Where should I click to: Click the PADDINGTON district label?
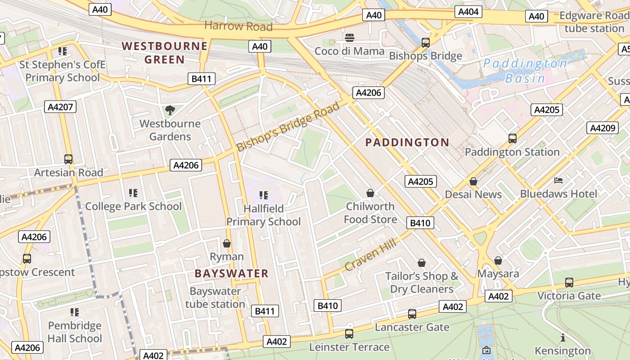[x=407, y=143]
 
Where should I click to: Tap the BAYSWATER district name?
[x=231, y=274]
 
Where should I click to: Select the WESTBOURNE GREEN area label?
[x=165, y=53]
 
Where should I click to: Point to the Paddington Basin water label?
[x=525, y=71]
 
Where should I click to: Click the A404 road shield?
[x=468, y=12]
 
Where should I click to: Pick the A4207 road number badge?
[x=60, y=107]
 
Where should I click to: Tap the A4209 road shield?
[x=602, y=128]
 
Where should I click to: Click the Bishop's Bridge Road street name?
[x=288, y=127]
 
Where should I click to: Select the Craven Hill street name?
[x=370, y=255]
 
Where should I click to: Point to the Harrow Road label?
[x=238, y=26]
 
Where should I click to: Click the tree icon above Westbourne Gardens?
[x=170, y=110]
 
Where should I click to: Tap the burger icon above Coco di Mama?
[x=350, y=37]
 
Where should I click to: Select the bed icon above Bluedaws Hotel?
[x=558, y=180]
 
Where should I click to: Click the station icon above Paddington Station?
[x=512, y=139]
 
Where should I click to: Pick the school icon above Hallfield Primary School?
[x=264, y=195]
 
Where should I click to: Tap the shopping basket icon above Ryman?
[x=227, y=243]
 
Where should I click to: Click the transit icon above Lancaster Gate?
[x=412, y=314]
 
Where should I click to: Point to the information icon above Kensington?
[x=562, y=337]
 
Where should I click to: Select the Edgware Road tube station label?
[x=594, y=22]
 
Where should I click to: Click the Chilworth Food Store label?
[x=370, y=213]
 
